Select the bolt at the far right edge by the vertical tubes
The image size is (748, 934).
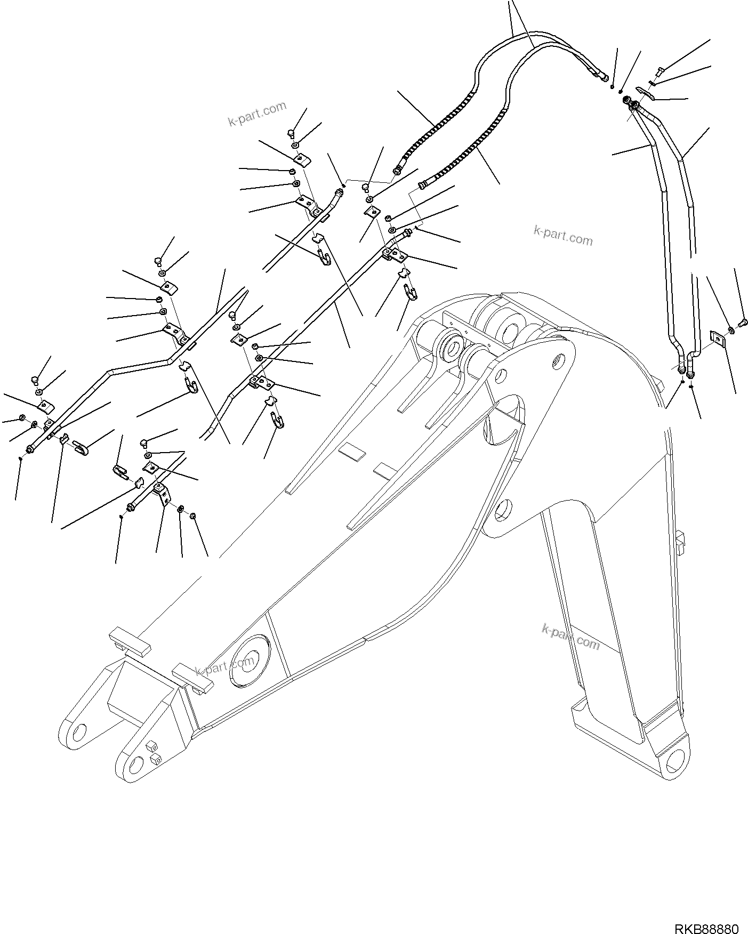745,321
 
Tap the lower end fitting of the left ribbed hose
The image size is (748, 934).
398,171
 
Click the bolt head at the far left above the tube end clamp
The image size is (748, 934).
35,380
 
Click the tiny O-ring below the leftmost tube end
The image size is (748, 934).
20,458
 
